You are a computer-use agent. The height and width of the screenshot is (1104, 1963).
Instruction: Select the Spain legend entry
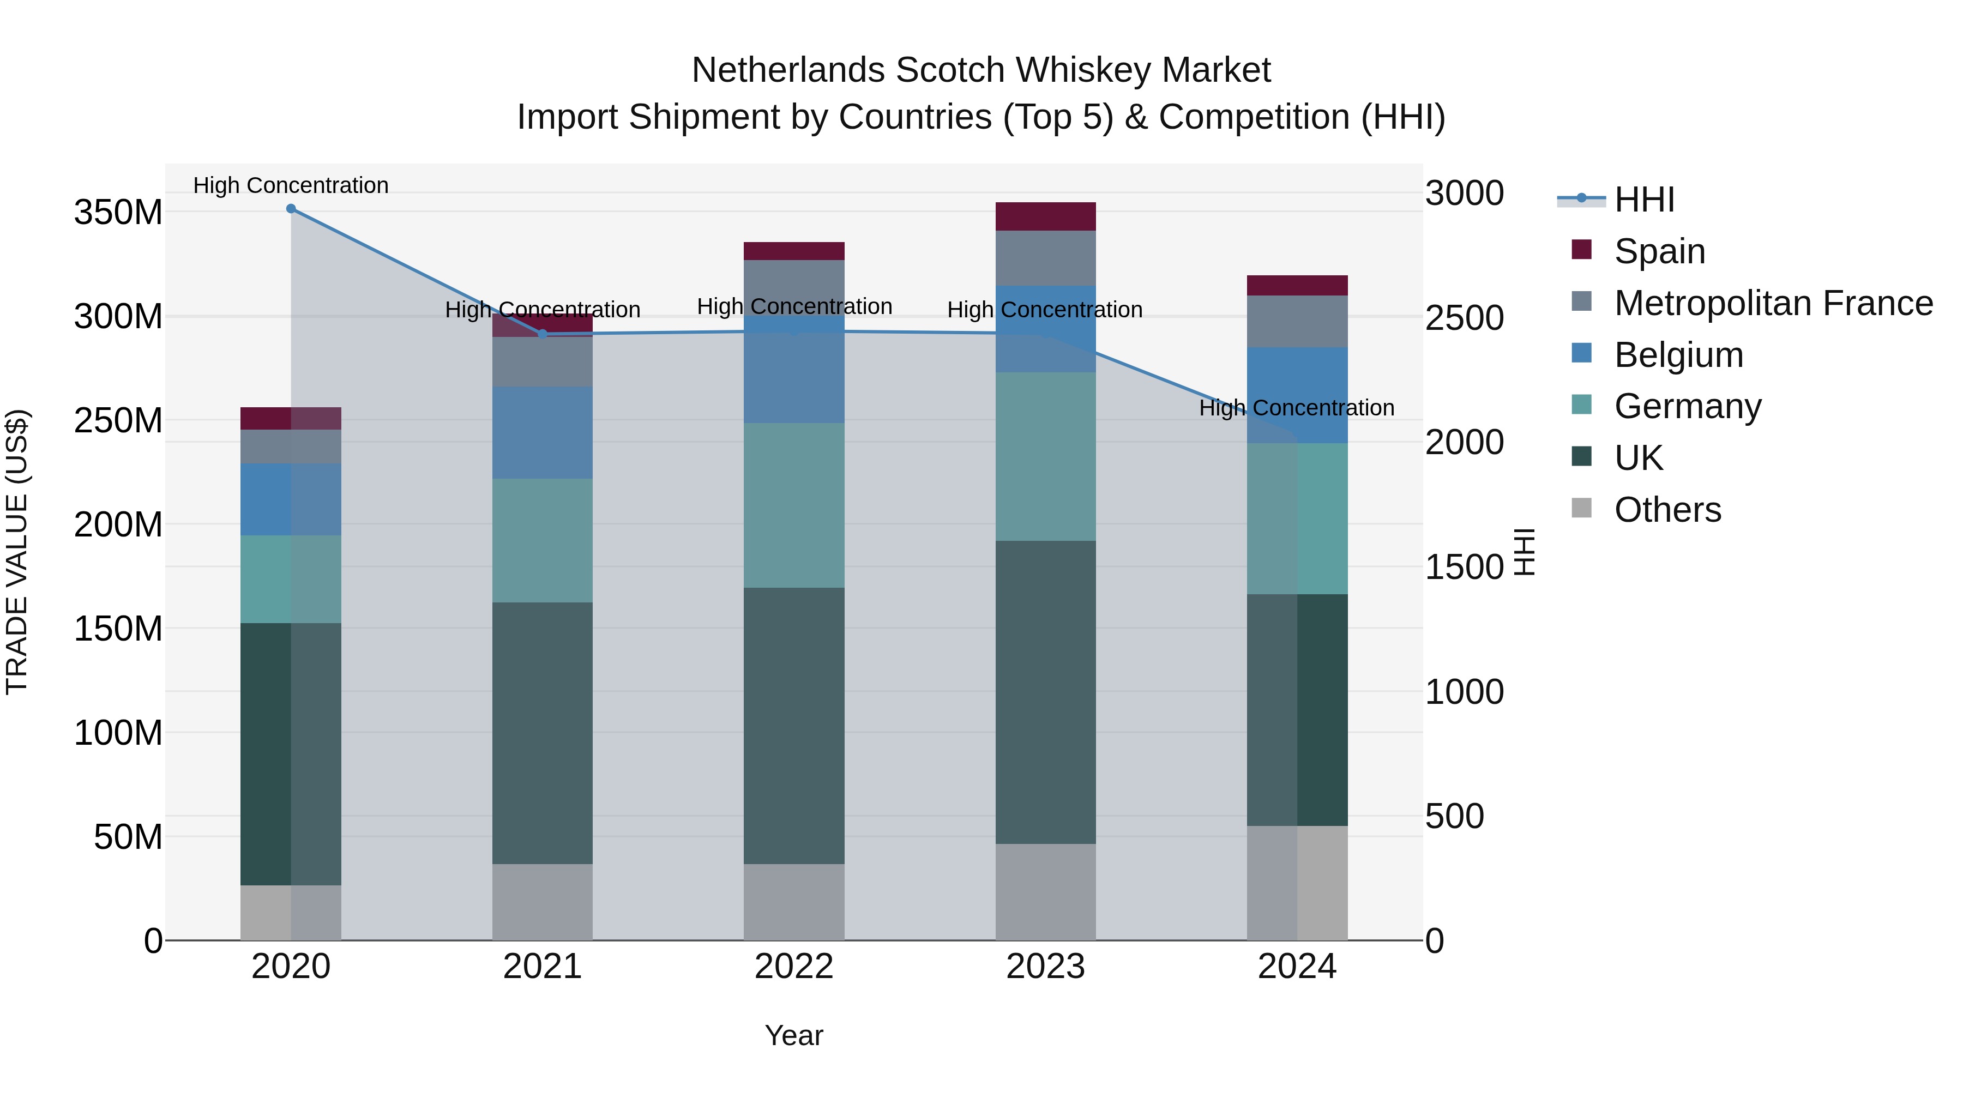(1659, 251)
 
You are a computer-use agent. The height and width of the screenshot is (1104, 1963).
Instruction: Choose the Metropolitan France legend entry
(1773, 303)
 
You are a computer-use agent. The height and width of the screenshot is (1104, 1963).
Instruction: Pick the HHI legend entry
(1643, 200)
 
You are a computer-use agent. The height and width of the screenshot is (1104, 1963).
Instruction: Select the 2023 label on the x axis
(1045, 967)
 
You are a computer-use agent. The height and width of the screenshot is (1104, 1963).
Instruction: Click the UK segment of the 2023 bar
(1045, 692)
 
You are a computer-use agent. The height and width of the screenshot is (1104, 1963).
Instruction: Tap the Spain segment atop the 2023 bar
(1045, 216)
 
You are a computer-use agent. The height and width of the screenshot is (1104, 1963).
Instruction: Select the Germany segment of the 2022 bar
(793, 505)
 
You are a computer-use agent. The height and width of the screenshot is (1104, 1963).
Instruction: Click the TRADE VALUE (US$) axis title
(17, 552)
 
